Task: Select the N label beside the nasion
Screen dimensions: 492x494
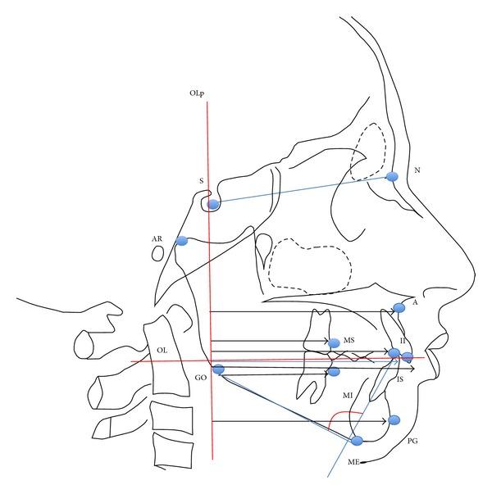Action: [417, 170]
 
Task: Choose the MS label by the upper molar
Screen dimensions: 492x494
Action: [349, 340]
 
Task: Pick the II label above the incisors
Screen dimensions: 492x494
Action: [403, 340]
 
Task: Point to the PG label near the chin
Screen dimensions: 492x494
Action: [412, 441]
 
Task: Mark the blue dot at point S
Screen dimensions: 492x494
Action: [213, 204]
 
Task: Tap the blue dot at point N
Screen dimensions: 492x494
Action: [392, 177]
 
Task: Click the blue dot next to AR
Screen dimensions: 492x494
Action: [182, 241]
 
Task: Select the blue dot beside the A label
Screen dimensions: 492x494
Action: [399, 308]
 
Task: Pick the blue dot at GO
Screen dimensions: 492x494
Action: [218, 369]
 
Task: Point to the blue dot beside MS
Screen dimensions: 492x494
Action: [334, 342]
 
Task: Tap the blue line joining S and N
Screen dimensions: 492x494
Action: [303, 190]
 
